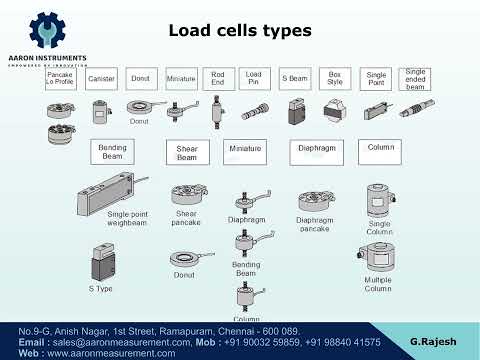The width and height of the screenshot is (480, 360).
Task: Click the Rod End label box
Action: pos(217,78)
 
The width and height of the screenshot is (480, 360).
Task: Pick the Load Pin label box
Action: pos(254,78)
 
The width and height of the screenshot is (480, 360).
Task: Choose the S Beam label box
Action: pos(295,78)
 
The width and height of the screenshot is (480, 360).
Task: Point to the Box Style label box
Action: pos(336,78)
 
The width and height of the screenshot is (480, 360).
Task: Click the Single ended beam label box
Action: pos(414,78)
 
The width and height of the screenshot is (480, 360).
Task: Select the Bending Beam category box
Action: pos(111,151)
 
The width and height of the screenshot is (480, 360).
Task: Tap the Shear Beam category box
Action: pos(187,152)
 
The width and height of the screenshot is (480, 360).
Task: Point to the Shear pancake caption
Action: pos(187,217)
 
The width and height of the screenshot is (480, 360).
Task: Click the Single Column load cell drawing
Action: pos(378,200)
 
